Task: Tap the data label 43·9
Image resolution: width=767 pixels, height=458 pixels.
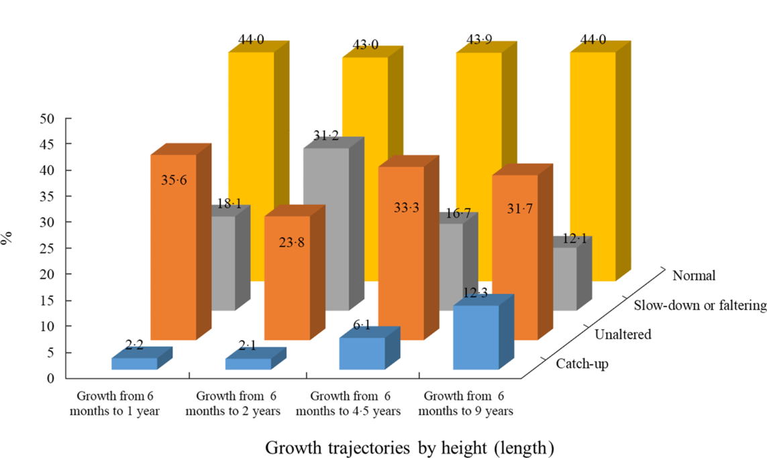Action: click(480, 41)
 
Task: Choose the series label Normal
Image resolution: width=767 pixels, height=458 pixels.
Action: click(695, 276)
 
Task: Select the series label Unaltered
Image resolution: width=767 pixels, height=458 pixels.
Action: click(623, 334)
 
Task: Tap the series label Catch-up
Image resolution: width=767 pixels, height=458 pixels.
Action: click(583, 364)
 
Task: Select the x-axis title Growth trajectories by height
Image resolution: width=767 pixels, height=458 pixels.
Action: click(409, 447)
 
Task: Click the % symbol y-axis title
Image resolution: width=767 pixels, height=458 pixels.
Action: click(7, 239)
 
